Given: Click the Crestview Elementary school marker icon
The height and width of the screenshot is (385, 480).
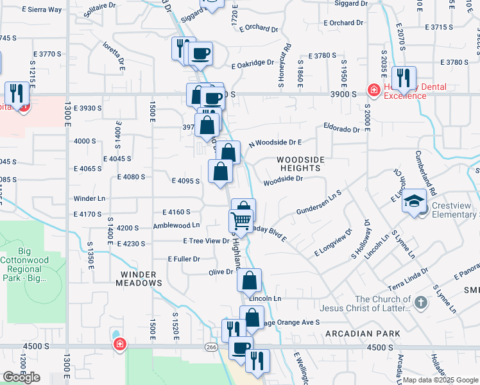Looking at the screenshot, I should click(415, 201).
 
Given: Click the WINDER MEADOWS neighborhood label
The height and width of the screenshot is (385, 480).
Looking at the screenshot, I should click(139, 278).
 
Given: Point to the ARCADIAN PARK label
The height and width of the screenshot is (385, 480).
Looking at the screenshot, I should click(363, 334).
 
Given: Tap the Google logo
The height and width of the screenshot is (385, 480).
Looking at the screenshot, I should click(21, 377).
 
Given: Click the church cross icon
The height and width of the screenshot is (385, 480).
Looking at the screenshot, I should click(420, 302).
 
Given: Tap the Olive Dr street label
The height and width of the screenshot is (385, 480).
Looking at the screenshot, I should click(220, 272).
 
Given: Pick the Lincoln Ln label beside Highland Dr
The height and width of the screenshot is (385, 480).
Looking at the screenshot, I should click(265, 299).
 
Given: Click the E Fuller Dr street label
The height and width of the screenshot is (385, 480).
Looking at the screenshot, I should click(184, 259).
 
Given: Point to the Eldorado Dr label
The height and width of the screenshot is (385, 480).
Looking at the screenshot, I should click(341, 128).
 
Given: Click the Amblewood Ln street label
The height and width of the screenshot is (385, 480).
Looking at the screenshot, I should click(176, 225).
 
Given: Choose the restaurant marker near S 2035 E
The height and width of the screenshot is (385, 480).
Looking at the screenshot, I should click(403, 78).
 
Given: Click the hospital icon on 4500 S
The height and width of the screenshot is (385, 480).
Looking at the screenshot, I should click(119, 345).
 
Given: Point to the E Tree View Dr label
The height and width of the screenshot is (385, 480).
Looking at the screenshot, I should click(206, 241).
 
